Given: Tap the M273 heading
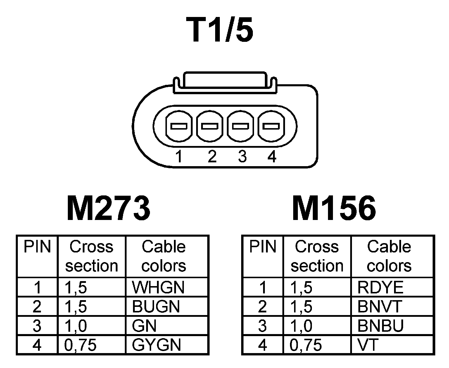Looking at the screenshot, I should pyautogui.click(x=108, y=208).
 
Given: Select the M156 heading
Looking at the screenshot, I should pyautogui.click(x=334, y=208).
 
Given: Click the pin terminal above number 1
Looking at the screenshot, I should pyautogui.click(x=179, y=126).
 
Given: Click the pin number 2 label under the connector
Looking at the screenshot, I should pyautogui.click(x=212, y=157).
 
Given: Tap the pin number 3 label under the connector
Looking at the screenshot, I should pyautogui.click(x=242, y=157).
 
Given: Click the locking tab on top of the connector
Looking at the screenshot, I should pyautogui.click(x=224, y=83).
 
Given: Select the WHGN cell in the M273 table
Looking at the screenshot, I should pyautogui.click(x=158, y=287).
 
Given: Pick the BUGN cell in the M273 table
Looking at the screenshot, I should pyautogui.click(x=156, y=307).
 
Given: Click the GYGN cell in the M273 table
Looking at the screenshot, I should pyautogui.click(x=156, y=345).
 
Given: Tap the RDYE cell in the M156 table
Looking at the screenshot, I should pyautogui.click(x=380, y=287).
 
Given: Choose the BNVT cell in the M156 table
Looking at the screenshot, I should pyautogui.click(x=380, y=307).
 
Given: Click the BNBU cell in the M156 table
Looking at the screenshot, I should pyautogui.click(x=380, y=326).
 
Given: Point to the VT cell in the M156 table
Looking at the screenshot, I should pyautogui.click(x=368, y=345).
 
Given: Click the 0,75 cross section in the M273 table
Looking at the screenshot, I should pyautogui.click(x=80, y=345).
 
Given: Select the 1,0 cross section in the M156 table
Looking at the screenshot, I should pyautogui.click(x=301, y=326).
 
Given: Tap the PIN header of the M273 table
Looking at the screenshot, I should pyautogui.click(x=37, y=247).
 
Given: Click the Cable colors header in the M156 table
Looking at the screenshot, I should pyautogui.click(x=389, y=256).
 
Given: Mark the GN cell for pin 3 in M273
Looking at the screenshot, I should pyautogui.click(x=144, y=326).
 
